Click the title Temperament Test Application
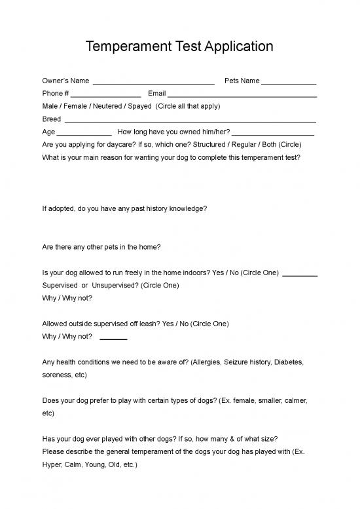click(179, 47)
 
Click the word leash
click(147, 323)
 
